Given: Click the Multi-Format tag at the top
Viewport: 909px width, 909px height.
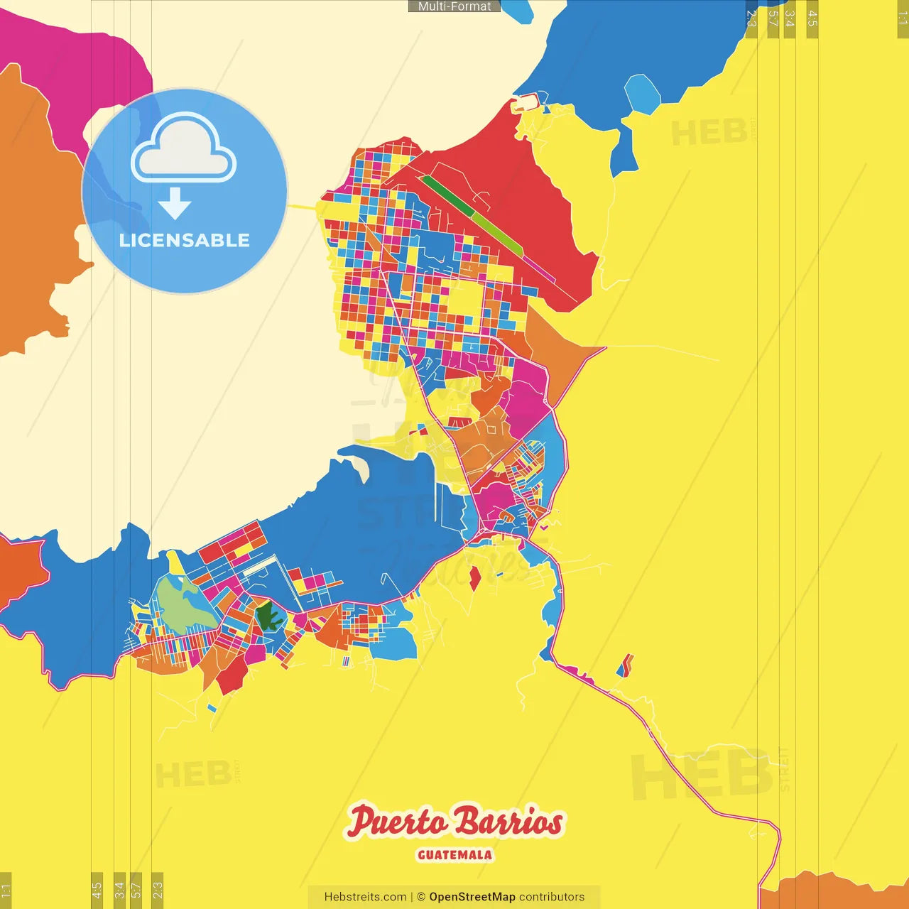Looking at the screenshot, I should tap(454, 6).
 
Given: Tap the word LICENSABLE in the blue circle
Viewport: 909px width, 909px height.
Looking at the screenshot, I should tap(185, 240).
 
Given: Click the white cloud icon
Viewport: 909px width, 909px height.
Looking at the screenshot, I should tap(184, 149).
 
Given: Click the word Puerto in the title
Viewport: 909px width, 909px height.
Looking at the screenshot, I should tap(397, 822).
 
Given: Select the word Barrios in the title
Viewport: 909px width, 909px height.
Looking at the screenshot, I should tap(508, 822).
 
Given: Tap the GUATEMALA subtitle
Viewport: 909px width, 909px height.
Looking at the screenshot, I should tap(454, 855).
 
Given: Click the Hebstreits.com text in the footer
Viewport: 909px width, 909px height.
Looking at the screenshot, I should tap(365, 897).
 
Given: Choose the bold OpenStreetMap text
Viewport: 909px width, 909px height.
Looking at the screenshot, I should tap(472, 897).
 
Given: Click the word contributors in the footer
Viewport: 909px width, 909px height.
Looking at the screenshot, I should tap(552, 897).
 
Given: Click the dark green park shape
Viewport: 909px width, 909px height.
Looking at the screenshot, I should tap(268, 616).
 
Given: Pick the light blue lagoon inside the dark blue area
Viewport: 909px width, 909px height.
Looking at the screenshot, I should tap(642, 94).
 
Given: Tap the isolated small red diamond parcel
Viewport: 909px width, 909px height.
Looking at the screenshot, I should tap(475, 579).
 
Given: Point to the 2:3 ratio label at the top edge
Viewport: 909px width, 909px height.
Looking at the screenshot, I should tap(751, 18).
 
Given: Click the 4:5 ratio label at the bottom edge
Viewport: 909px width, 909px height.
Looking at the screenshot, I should tap(97, 889).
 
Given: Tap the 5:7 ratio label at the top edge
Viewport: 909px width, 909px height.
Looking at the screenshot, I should tap(773, 18).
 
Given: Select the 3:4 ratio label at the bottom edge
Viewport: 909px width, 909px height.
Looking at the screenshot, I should tap(119, 889).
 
